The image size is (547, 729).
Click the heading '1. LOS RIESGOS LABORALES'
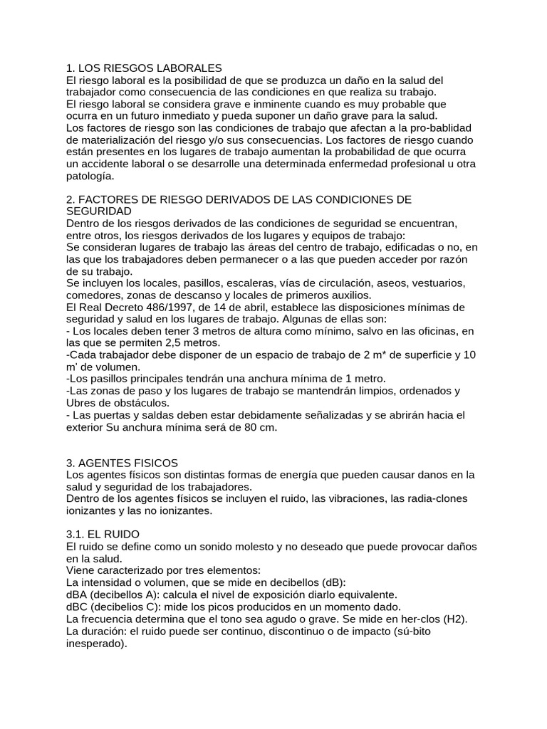pos(144,68)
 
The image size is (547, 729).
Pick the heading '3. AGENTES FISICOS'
pos(122,463)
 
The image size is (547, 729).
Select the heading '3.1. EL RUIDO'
pos(103,534)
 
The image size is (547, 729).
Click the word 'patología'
pos(89,176)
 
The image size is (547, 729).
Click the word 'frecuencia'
pos(112,619)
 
